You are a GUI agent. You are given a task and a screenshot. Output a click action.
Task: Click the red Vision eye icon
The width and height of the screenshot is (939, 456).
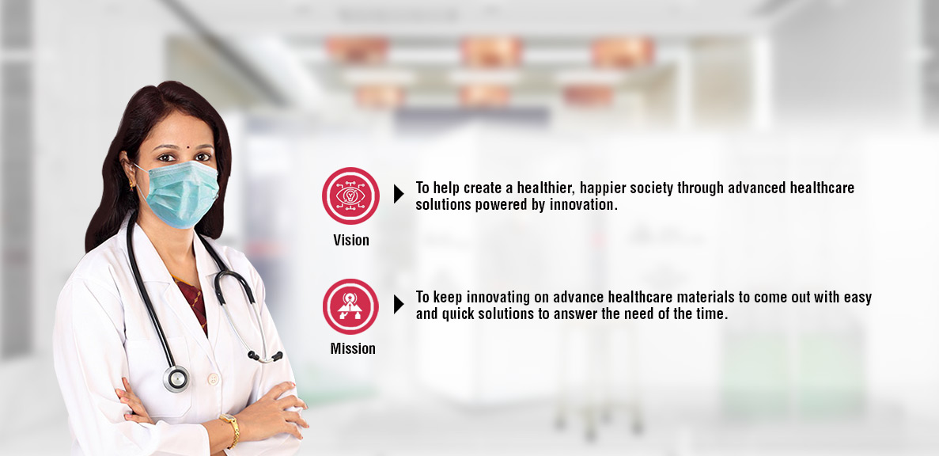point(350,196)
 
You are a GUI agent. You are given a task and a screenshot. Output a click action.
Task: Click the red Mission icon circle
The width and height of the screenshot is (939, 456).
point(350,306)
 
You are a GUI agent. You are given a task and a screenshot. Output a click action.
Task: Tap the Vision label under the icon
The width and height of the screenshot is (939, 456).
point(351,241)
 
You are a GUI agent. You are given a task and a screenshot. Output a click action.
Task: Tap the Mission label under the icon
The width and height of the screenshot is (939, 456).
point(353,349)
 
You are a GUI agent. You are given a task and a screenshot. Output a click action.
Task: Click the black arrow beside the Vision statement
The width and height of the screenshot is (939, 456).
point(399,194)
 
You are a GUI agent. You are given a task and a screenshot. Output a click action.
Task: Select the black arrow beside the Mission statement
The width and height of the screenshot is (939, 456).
point(399,305)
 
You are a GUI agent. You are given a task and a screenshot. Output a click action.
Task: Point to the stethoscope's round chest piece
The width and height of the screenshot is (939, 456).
point(176,378)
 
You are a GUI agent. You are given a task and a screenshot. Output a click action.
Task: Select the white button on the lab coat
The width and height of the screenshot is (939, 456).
point(213,378)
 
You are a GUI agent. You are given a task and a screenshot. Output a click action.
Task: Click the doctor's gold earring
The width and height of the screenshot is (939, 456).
point(132,184)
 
